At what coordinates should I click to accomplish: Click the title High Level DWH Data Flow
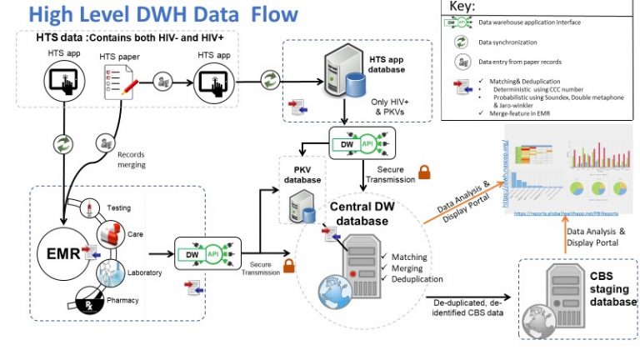click(162, 14)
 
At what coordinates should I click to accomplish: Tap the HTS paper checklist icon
click(116, 82)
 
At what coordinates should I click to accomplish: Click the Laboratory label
click(143, 272)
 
